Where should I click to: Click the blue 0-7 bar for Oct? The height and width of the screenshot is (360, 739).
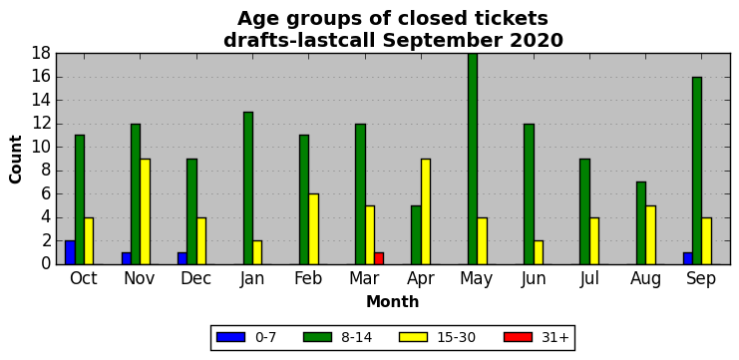[70, 252]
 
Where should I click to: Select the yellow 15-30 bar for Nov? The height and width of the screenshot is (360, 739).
[146, 211]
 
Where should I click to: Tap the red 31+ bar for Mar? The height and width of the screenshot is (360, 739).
[379, 258]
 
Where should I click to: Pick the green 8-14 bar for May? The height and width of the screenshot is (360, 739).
[473, 159]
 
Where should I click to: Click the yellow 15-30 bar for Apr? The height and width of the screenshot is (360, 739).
[426, 211]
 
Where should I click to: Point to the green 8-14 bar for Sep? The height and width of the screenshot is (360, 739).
[697, 171]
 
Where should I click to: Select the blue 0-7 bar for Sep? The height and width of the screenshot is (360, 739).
[687, 258]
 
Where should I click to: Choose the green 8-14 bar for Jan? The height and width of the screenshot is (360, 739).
[248, 188]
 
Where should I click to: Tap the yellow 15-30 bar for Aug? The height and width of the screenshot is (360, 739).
[650, 235]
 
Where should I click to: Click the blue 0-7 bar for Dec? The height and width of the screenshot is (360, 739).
[183, 258]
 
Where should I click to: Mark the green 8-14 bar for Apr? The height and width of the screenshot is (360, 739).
[416, 235]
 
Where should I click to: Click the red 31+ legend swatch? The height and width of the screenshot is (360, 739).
[518, 337]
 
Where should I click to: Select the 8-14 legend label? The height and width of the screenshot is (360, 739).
[356, 337]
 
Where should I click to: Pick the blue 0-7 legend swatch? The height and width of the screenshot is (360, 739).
[230, 337]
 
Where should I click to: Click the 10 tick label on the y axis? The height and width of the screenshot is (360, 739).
[42, 148]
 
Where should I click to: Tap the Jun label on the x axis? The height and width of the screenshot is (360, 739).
[534, 279]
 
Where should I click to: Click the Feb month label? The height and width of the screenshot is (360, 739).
[309, 278]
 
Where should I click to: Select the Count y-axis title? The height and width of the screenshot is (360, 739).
[16, 160]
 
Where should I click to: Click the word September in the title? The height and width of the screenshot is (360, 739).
[444, 41]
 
